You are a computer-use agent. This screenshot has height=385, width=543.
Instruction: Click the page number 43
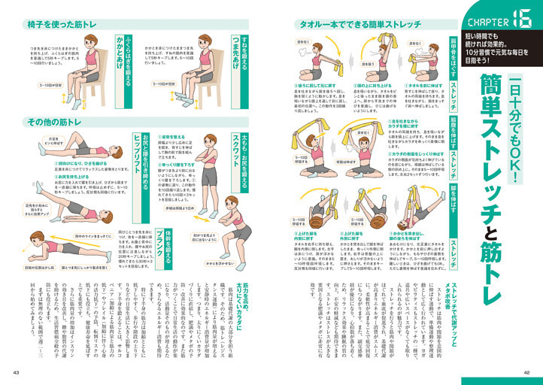(x=16, y=371)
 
